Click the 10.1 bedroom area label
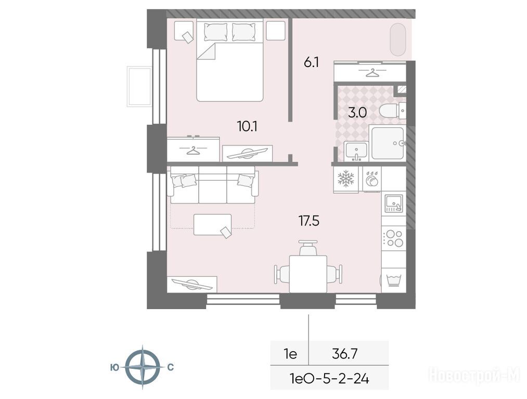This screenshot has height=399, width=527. [247, 127]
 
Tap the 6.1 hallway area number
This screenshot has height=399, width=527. [311, 62]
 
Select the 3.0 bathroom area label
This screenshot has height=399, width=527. [357, 113]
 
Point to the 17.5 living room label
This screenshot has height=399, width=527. [309, 221]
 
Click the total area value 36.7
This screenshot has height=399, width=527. [344, 354]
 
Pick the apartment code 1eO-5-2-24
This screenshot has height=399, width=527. [329, 379]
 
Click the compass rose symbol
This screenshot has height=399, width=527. [143, 367]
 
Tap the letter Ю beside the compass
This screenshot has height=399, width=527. [114, 368]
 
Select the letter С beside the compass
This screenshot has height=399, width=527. [171, 367]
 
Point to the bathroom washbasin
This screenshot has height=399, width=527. [356, 151]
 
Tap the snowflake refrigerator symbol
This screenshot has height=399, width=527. [346, 178]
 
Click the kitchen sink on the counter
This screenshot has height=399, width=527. [394, 203]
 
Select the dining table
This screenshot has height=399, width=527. [308, 273]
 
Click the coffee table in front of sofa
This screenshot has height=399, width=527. [212, 224]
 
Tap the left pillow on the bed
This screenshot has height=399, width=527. [215, 32]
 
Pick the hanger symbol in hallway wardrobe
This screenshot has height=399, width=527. [372, 73]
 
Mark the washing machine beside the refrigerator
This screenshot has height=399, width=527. [372, 180]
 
